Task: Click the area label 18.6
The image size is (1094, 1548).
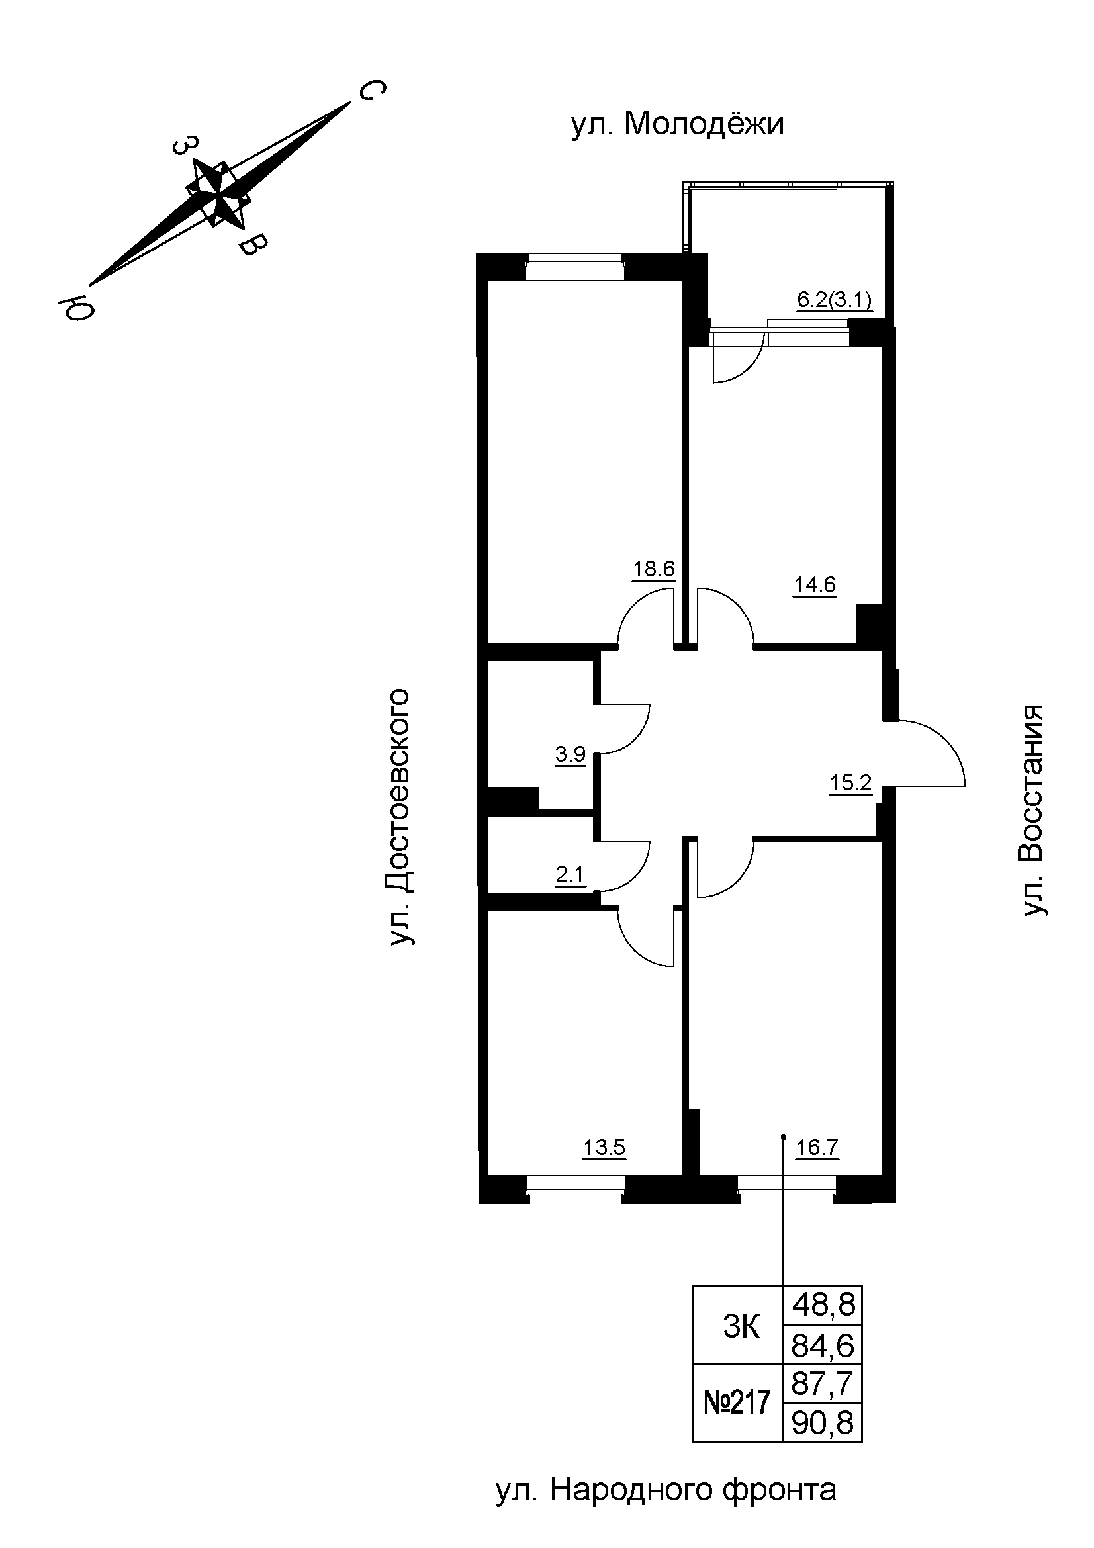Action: (653, 569)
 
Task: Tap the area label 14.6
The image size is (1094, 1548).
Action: (814, 584)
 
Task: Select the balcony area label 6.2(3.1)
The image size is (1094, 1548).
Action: (835, 300)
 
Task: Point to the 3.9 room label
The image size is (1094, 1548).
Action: (570, 754)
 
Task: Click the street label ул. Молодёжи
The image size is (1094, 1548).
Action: (678, 124)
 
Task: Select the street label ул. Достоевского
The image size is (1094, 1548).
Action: (399, 817)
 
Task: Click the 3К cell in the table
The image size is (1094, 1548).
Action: (740, 1328)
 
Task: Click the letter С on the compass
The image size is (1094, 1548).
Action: (370, 91)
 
